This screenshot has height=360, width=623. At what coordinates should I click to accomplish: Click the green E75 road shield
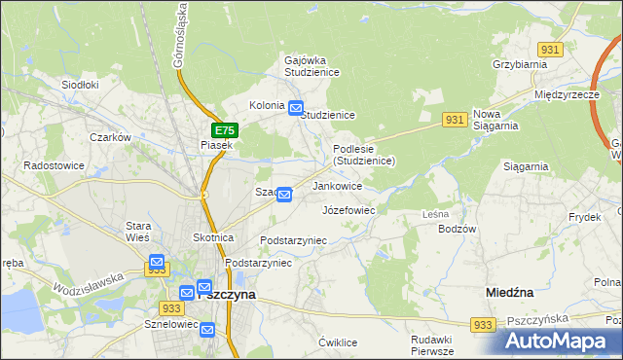[224, 130]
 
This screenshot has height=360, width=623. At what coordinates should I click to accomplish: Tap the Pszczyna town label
[226, 294]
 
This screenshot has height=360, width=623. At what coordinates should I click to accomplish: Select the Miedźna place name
[509, 291]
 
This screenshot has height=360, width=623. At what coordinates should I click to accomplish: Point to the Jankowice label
[338, 186]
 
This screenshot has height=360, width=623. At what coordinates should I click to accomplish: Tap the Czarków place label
[110, 138]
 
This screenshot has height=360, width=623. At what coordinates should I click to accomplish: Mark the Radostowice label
[55, 165]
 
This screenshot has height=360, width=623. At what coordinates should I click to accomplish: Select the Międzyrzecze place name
[566, 95]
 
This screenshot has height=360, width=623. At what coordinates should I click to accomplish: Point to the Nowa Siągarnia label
[495, 119]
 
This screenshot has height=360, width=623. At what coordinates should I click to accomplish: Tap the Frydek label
[585, 217]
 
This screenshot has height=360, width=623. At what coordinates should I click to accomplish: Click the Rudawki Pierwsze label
[432, 345]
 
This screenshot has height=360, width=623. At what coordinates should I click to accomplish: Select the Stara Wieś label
[136, 233]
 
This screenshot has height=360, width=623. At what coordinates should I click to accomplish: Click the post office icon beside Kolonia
[296, 108]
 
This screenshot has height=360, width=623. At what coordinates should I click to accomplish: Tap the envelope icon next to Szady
[284, 195]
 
